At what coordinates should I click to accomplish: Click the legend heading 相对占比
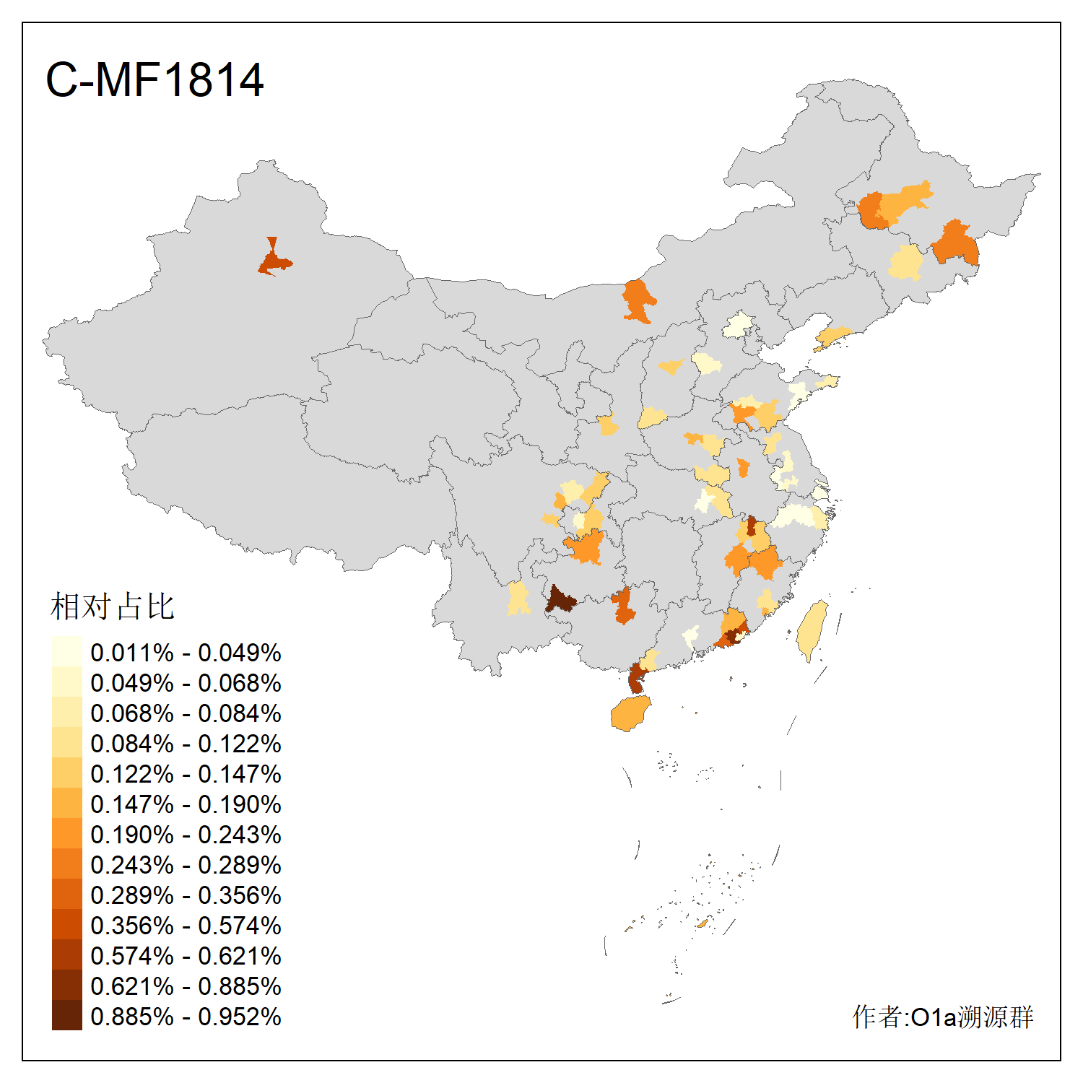pyautogui.click(x=113, y=606)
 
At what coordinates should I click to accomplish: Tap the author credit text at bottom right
pyautogui.click(x=942, y=1017)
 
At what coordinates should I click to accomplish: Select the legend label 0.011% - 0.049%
pyautogui.click(x=186, y=653)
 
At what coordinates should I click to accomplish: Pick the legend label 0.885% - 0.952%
pyautogui.click(x=186, y=1017)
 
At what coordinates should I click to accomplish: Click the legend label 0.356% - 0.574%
pyautogui.click(x=186, y=926)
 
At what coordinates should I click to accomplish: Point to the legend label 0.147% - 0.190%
pyautogui.click(x=186, y=804)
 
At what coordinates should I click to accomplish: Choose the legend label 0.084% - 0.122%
pyautogui.click(x=186, y=744)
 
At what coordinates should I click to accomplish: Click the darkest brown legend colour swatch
pyautogui.click(x=66, y=1016)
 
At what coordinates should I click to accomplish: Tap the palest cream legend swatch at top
pyautogui.click(x=66, y=652)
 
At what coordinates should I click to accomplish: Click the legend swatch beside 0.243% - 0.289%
pyautogui.click(x=66, y=864)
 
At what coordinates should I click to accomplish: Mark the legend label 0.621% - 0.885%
pyautogui.click(x=186, y=986)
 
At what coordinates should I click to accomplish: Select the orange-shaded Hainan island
pyautogui.click(x=630, y=714)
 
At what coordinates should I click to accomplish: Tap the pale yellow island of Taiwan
pyautogui.click(x=813, y=628)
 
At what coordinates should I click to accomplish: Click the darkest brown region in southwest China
pyautogui.click(x=560, y=600)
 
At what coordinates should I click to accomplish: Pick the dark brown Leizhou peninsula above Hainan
pyautogui.click(x=636, y=678)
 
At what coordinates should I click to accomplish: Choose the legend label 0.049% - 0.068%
pyautogui.click(x=186, y=683)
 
